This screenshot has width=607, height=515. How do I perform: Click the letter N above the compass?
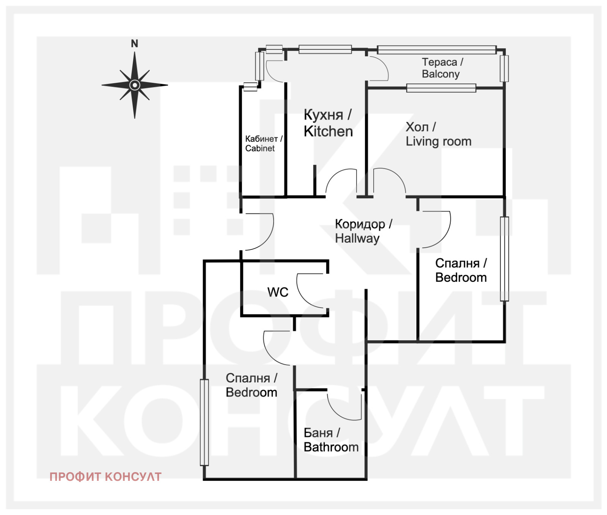point(134,44)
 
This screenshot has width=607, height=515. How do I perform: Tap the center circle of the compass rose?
point(135,85)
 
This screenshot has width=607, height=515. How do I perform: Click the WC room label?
point(278,292)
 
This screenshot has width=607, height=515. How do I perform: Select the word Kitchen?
point(328,131)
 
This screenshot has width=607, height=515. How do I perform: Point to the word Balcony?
point(440,74)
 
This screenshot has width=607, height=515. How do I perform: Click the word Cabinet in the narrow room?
point(260,148)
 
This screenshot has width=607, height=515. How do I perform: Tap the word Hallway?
point(357,239)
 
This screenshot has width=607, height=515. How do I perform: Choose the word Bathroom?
point(331,447)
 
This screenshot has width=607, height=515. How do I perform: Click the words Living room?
point(439,141)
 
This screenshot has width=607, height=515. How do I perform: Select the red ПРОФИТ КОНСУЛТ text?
point(105,477)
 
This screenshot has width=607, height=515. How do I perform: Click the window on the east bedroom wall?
point(504,259)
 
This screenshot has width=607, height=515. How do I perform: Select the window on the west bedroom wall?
point(204,422)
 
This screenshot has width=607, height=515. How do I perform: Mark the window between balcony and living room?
point(441,88)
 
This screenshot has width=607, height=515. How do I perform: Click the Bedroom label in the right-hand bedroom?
point(461,278)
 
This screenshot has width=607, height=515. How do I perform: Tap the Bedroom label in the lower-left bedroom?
point(252,392)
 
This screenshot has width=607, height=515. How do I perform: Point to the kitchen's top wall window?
point(325,49)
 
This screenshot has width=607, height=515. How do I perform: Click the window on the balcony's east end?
point(504,68)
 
